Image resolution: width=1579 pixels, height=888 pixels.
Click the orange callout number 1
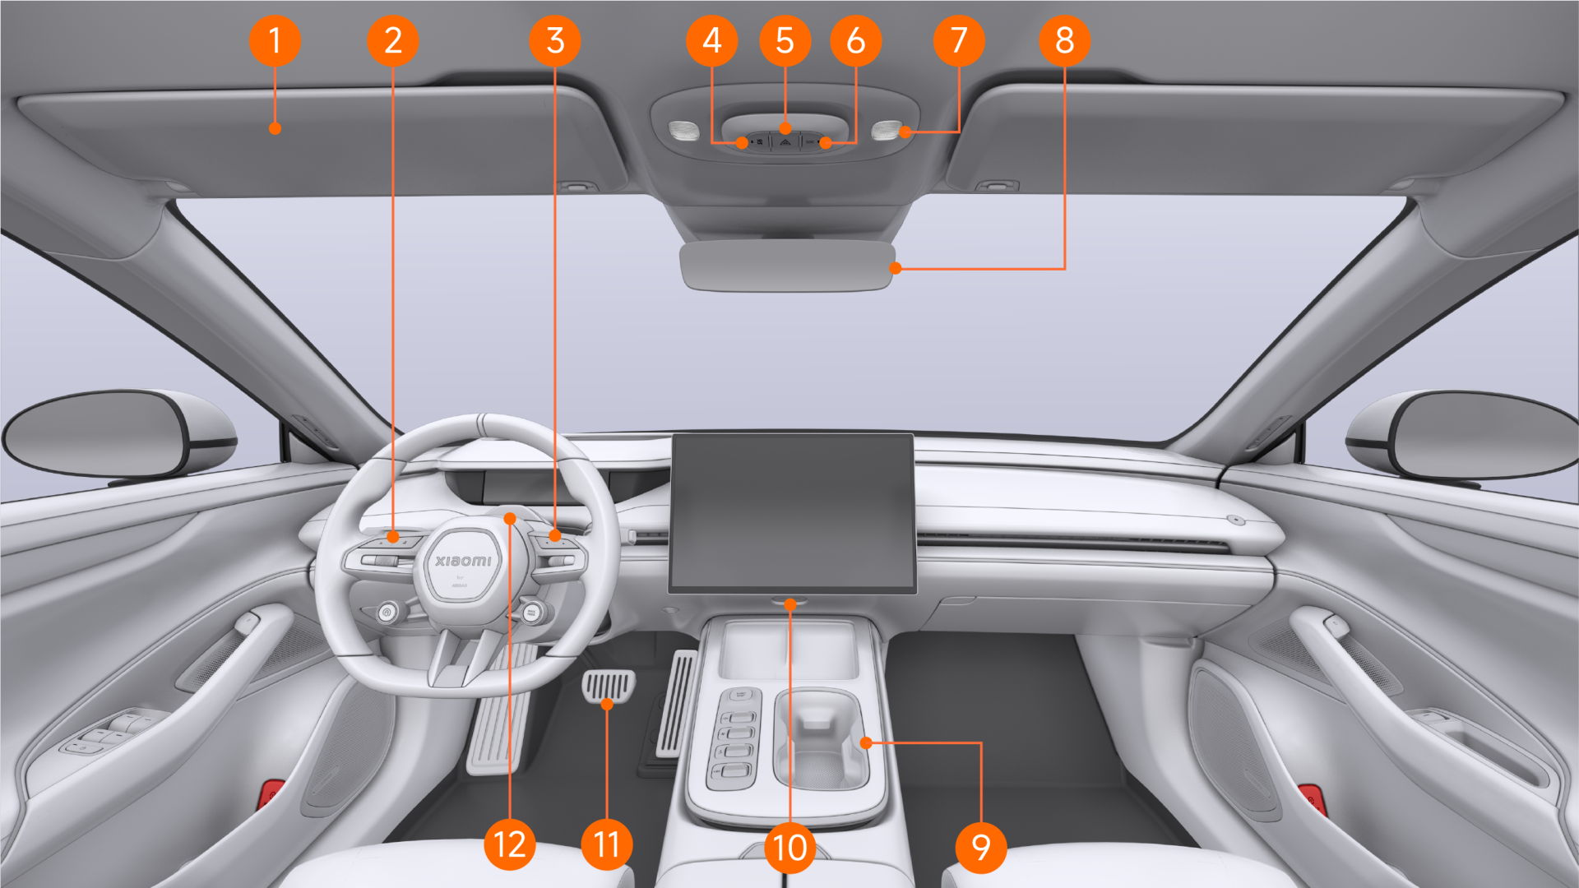[275, 40]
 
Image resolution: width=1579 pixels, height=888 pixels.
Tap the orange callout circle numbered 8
[1064, 40]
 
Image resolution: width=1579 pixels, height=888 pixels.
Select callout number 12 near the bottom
[510, 844]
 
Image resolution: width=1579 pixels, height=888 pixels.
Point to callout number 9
[980, 847]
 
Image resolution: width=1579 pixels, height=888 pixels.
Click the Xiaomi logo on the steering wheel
[463, 561]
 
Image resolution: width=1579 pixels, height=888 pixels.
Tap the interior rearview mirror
[787, 266]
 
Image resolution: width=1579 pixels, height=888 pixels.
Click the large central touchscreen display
[792, 511]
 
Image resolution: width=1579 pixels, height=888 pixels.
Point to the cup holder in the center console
[820, 740]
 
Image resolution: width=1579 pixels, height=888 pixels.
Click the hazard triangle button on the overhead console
[785, 142]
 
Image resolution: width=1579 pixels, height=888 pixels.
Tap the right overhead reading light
[885, 130]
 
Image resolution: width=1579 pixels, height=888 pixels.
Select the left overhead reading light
[683, 130]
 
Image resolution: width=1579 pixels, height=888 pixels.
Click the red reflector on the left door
[271, 794]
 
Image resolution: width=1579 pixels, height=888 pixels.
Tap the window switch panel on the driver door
[105, 733]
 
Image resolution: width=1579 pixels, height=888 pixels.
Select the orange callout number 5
[785, 40]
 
